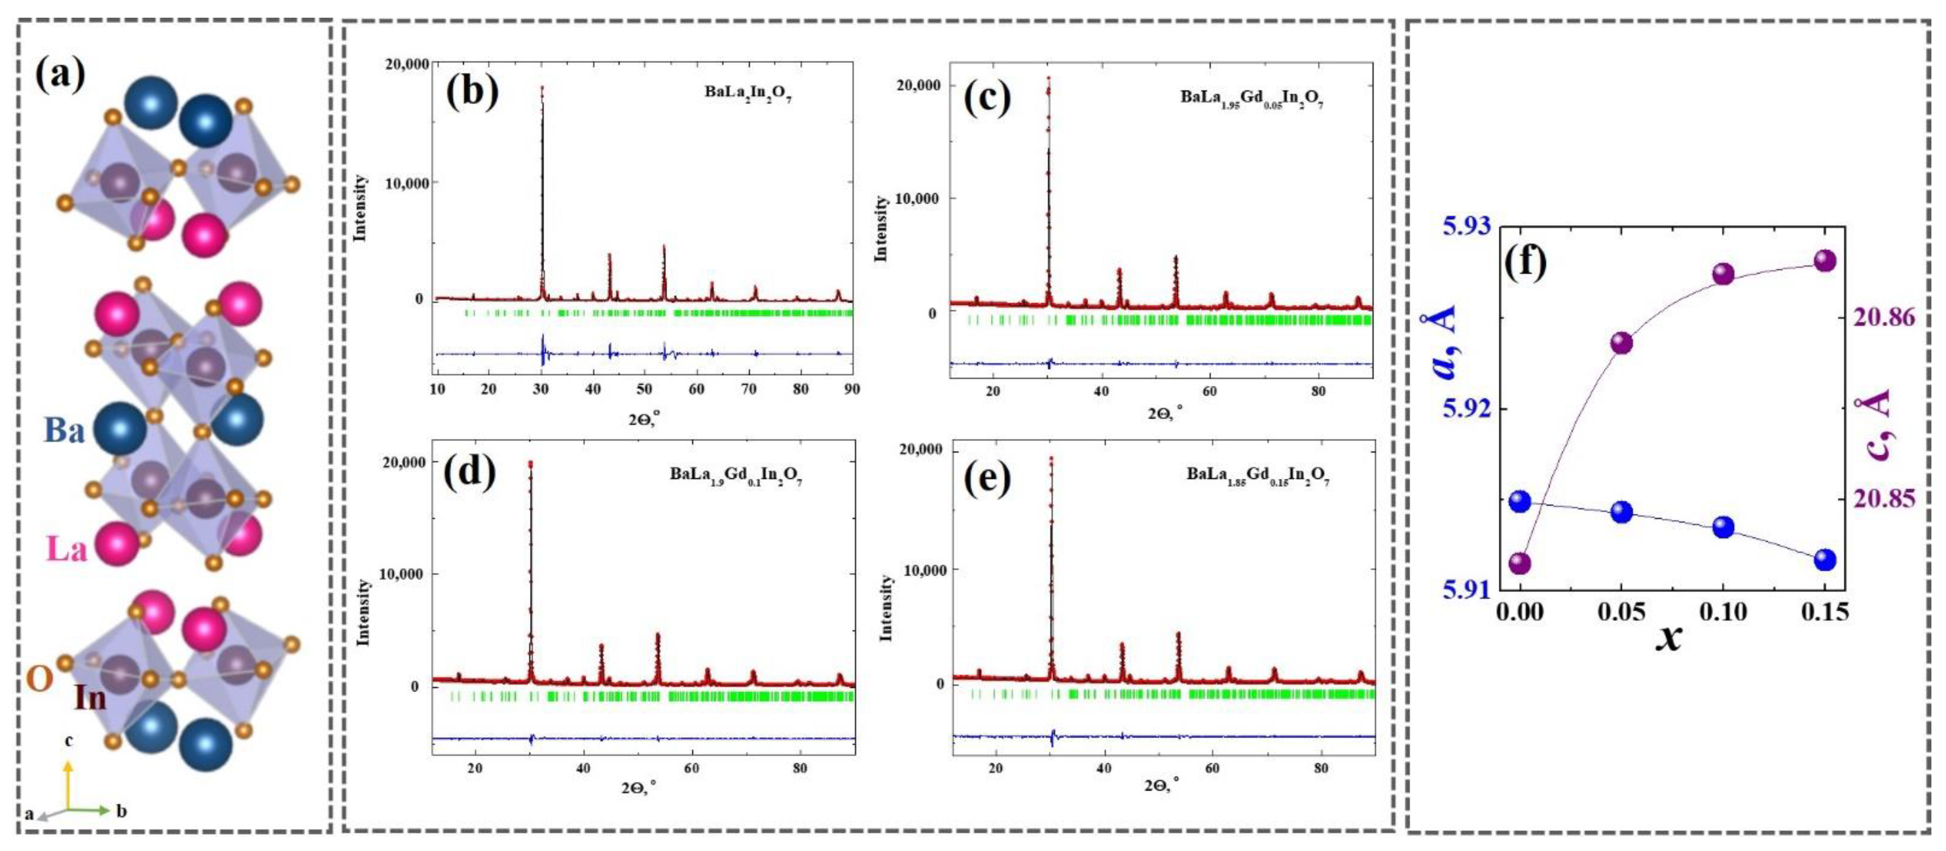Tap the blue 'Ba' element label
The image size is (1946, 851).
[x=64, y=431]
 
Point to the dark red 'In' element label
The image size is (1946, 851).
[x=90, y=697]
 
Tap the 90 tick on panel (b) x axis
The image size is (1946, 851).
[x=852, y=389]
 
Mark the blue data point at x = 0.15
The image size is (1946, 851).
[x=1824, y=559]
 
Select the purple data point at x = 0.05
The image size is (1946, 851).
[x=1621, y=343]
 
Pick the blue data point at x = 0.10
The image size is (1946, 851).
[x=1723, y=527]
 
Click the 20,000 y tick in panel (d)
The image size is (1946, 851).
[x=404, y=462]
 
